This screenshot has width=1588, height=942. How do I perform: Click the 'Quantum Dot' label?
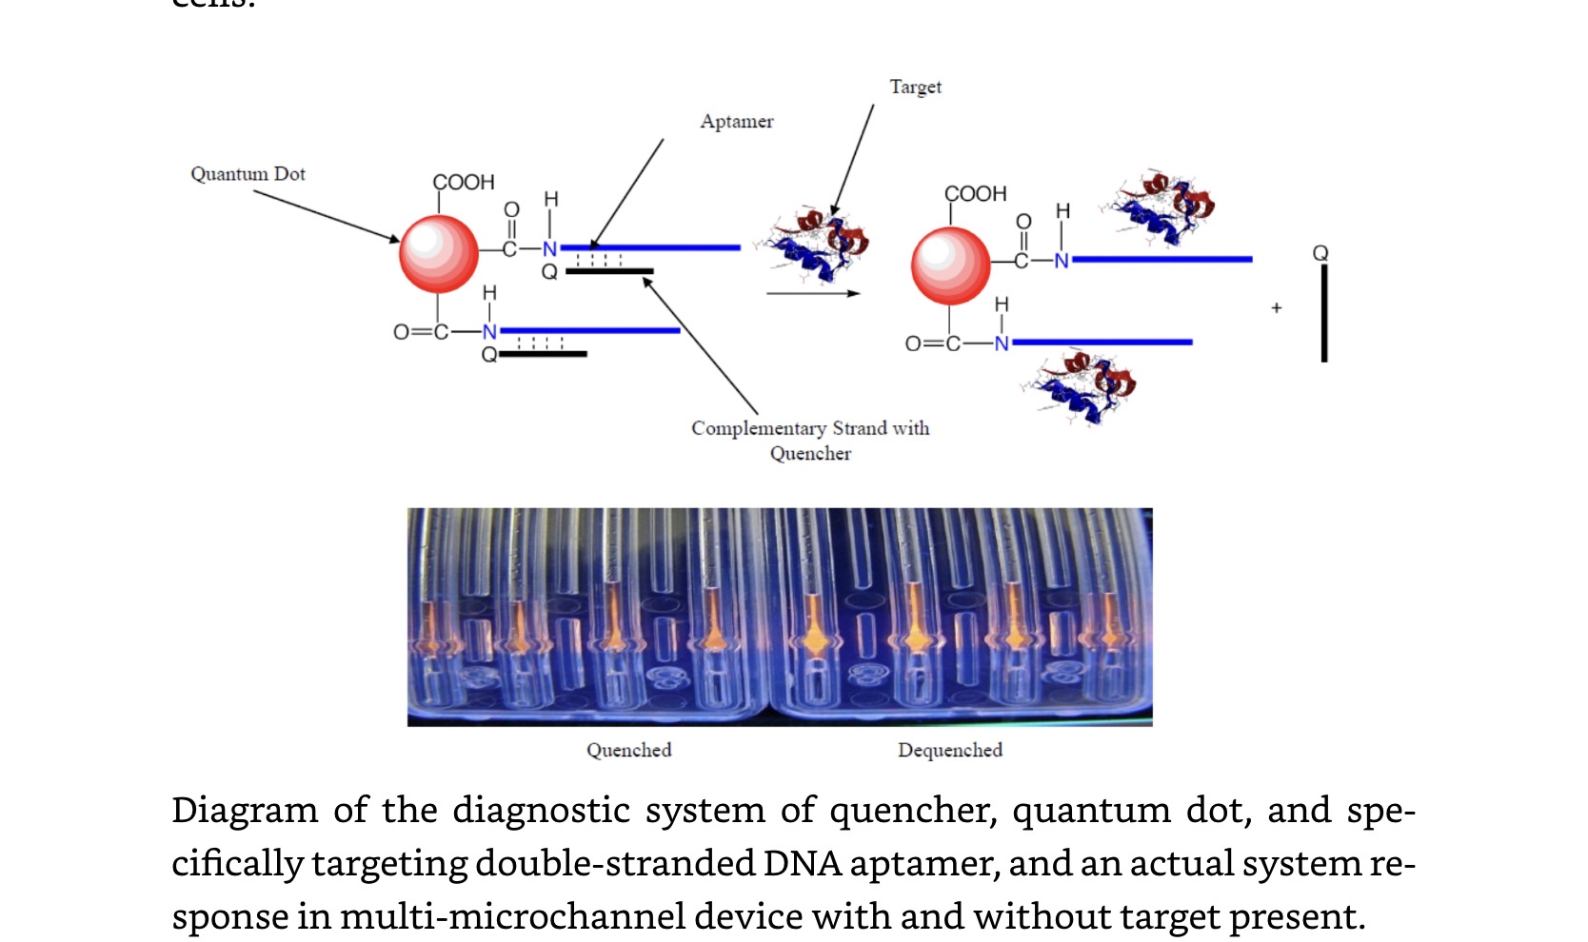(248, 174)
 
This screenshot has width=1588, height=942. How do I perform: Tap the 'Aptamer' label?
(737, 122)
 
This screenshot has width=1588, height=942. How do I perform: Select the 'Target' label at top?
(915, 88)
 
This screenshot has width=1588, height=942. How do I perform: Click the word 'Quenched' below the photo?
(628, 750)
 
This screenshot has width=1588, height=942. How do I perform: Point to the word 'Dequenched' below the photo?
(949, 750)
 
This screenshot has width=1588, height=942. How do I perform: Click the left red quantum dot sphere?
(438, 253)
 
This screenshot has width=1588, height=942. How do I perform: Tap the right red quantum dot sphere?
(950, 265)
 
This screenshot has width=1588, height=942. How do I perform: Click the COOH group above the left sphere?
(464, 183)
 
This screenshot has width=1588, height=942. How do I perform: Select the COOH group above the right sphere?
(975, 194)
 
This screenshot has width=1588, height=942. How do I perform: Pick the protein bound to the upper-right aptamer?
(1161, 207)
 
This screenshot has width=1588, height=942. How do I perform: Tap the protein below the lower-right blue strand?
(1085, 385)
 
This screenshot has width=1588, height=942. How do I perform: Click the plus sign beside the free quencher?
(1276, 308)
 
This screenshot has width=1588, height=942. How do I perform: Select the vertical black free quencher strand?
(1323, 314)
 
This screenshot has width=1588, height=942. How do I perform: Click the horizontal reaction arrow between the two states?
(812, 293)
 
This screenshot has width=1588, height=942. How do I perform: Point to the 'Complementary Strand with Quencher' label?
(810, 441)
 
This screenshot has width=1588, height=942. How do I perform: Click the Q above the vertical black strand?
(1320, 253)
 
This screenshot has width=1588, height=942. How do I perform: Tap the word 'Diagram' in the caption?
(244, 811)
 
